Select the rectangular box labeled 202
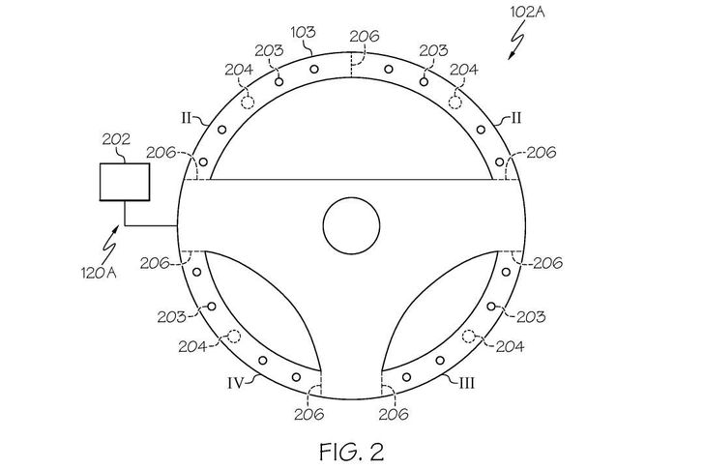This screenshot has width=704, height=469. pos(125,182)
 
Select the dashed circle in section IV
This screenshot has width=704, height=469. pos(233,337)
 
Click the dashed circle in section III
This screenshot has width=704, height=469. pos(469,337)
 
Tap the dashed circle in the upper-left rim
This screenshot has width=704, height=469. pos(248,101)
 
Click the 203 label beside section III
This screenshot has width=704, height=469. pos(531,315)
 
